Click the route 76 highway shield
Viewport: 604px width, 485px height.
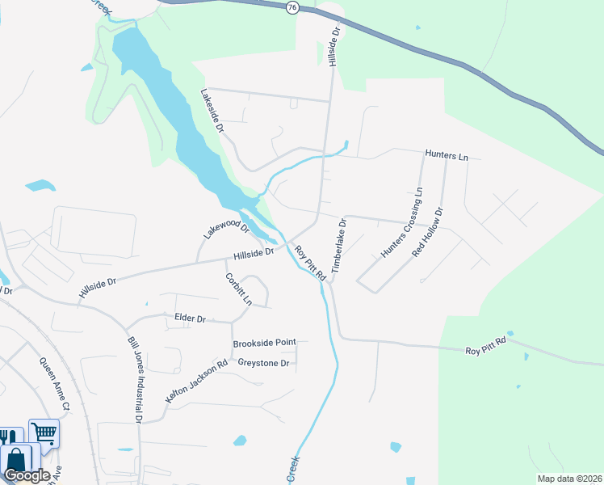click(x=292, y=6)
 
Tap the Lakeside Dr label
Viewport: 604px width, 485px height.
click(x=212, y=111)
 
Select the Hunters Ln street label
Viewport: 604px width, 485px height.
click(x=447, y=155)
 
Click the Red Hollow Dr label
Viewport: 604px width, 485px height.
click(x=428, y=232)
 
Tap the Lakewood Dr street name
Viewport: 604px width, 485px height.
click(x=227, y=228)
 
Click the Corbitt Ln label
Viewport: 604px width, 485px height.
click(x=237, y=288)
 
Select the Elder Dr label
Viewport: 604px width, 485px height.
click(x=191, y=318)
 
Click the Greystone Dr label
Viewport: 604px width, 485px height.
click(x=263, y=363)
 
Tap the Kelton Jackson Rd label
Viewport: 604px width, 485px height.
click(x=197, y=381)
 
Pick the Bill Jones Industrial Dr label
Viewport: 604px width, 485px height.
click(x=135, y=378)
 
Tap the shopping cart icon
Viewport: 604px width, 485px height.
click(x=44, y=432)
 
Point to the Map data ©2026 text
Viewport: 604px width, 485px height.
click(x=568, y=479)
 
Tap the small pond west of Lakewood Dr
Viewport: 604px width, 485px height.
click(x=40, y=186)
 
